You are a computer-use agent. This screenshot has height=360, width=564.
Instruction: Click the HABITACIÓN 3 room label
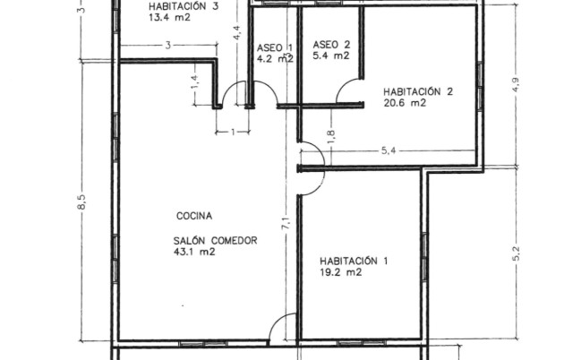[x=184, y=6]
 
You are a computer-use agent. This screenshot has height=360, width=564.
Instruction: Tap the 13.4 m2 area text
[x=169, y=18]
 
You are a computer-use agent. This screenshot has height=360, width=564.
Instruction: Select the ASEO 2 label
[x=331, y=45]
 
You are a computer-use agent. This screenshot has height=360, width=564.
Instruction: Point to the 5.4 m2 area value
[x=331, y=56]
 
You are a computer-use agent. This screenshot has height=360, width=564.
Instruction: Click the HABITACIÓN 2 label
[x=418, y=91]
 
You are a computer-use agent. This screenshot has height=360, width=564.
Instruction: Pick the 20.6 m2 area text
[x=405, y=103]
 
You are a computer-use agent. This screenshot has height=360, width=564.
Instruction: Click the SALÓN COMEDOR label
[x=216, y=240]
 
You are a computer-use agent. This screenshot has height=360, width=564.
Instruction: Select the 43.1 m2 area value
[x=194, y=252]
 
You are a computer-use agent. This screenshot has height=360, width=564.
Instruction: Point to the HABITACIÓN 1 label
[x=354, y=261]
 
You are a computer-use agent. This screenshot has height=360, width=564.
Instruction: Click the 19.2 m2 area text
[x=340, y=272]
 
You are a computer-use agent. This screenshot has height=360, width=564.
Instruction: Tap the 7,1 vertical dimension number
[x=286, y=223]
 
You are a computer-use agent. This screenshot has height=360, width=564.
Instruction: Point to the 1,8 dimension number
[x=331, y=137]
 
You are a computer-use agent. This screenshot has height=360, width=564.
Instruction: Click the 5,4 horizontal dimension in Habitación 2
[x=389, y=150]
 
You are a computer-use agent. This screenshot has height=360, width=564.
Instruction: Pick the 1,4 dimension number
[x=195, y=82]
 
